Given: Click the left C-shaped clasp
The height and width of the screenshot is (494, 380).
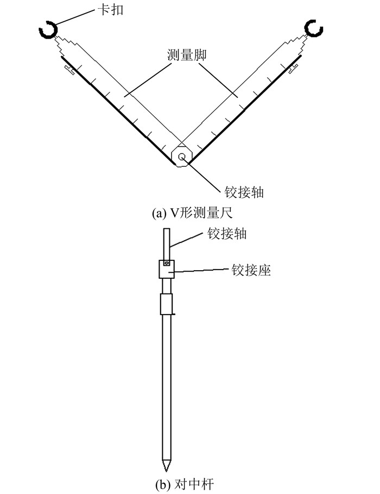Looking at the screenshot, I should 48,31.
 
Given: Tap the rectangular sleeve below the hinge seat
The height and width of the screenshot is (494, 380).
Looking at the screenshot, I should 166,304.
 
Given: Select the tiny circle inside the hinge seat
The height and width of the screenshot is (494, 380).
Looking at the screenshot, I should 168,265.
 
